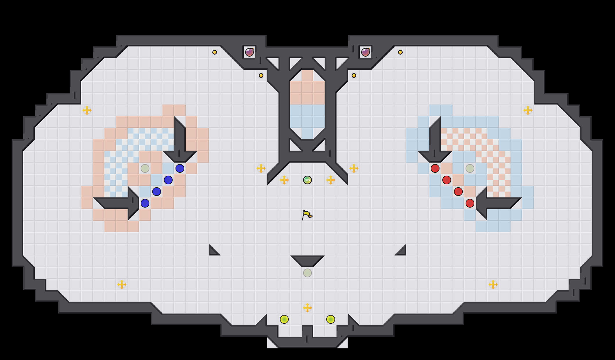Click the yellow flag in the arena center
point(307,215)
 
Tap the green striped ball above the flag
point(307,180)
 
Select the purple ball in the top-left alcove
point(249,52)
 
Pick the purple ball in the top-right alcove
point(366,52)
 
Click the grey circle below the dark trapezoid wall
point(307,273)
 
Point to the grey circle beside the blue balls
point(145,168)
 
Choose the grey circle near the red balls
point(470,168)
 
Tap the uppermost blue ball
point(180,168)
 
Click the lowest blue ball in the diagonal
point(145,203)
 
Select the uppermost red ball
point(435,168)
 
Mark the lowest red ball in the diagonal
point(470,203)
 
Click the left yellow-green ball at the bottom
point(284,319)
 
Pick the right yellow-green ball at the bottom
point(331,319)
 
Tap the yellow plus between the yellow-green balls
point(307,308)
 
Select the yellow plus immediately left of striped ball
point(284,180)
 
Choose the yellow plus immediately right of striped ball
point(331,180)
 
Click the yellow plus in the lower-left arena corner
point(122,285)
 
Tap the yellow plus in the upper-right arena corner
point(528,110)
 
